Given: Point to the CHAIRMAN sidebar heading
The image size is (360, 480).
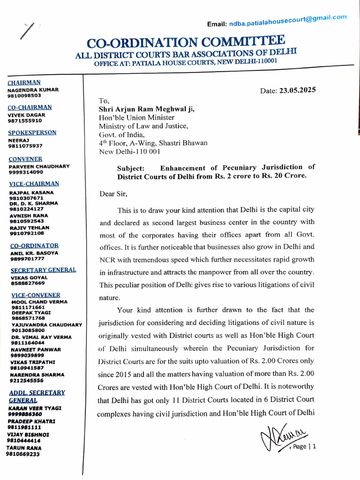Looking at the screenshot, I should [24, 82].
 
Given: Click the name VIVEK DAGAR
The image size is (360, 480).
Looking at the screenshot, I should [27, 115].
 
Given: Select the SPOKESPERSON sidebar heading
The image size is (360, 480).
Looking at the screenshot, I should [32, 133].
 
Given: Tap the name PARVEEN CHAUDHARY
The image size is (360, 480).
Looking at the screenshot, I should [39, 166].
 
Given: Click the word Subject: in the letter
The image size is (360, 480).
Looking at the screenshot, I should [131, 167].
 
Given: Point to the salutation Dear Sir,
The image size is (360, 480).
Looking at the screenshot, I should [113, 193].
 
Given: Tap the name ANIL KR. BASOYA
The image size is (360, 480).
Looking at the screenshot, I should [34, 253].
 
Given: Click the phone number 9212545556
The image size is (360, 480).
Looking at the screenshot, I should [27, 381].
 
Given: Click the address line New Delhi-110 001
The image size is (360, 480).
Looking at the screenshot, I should [129, 152].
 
